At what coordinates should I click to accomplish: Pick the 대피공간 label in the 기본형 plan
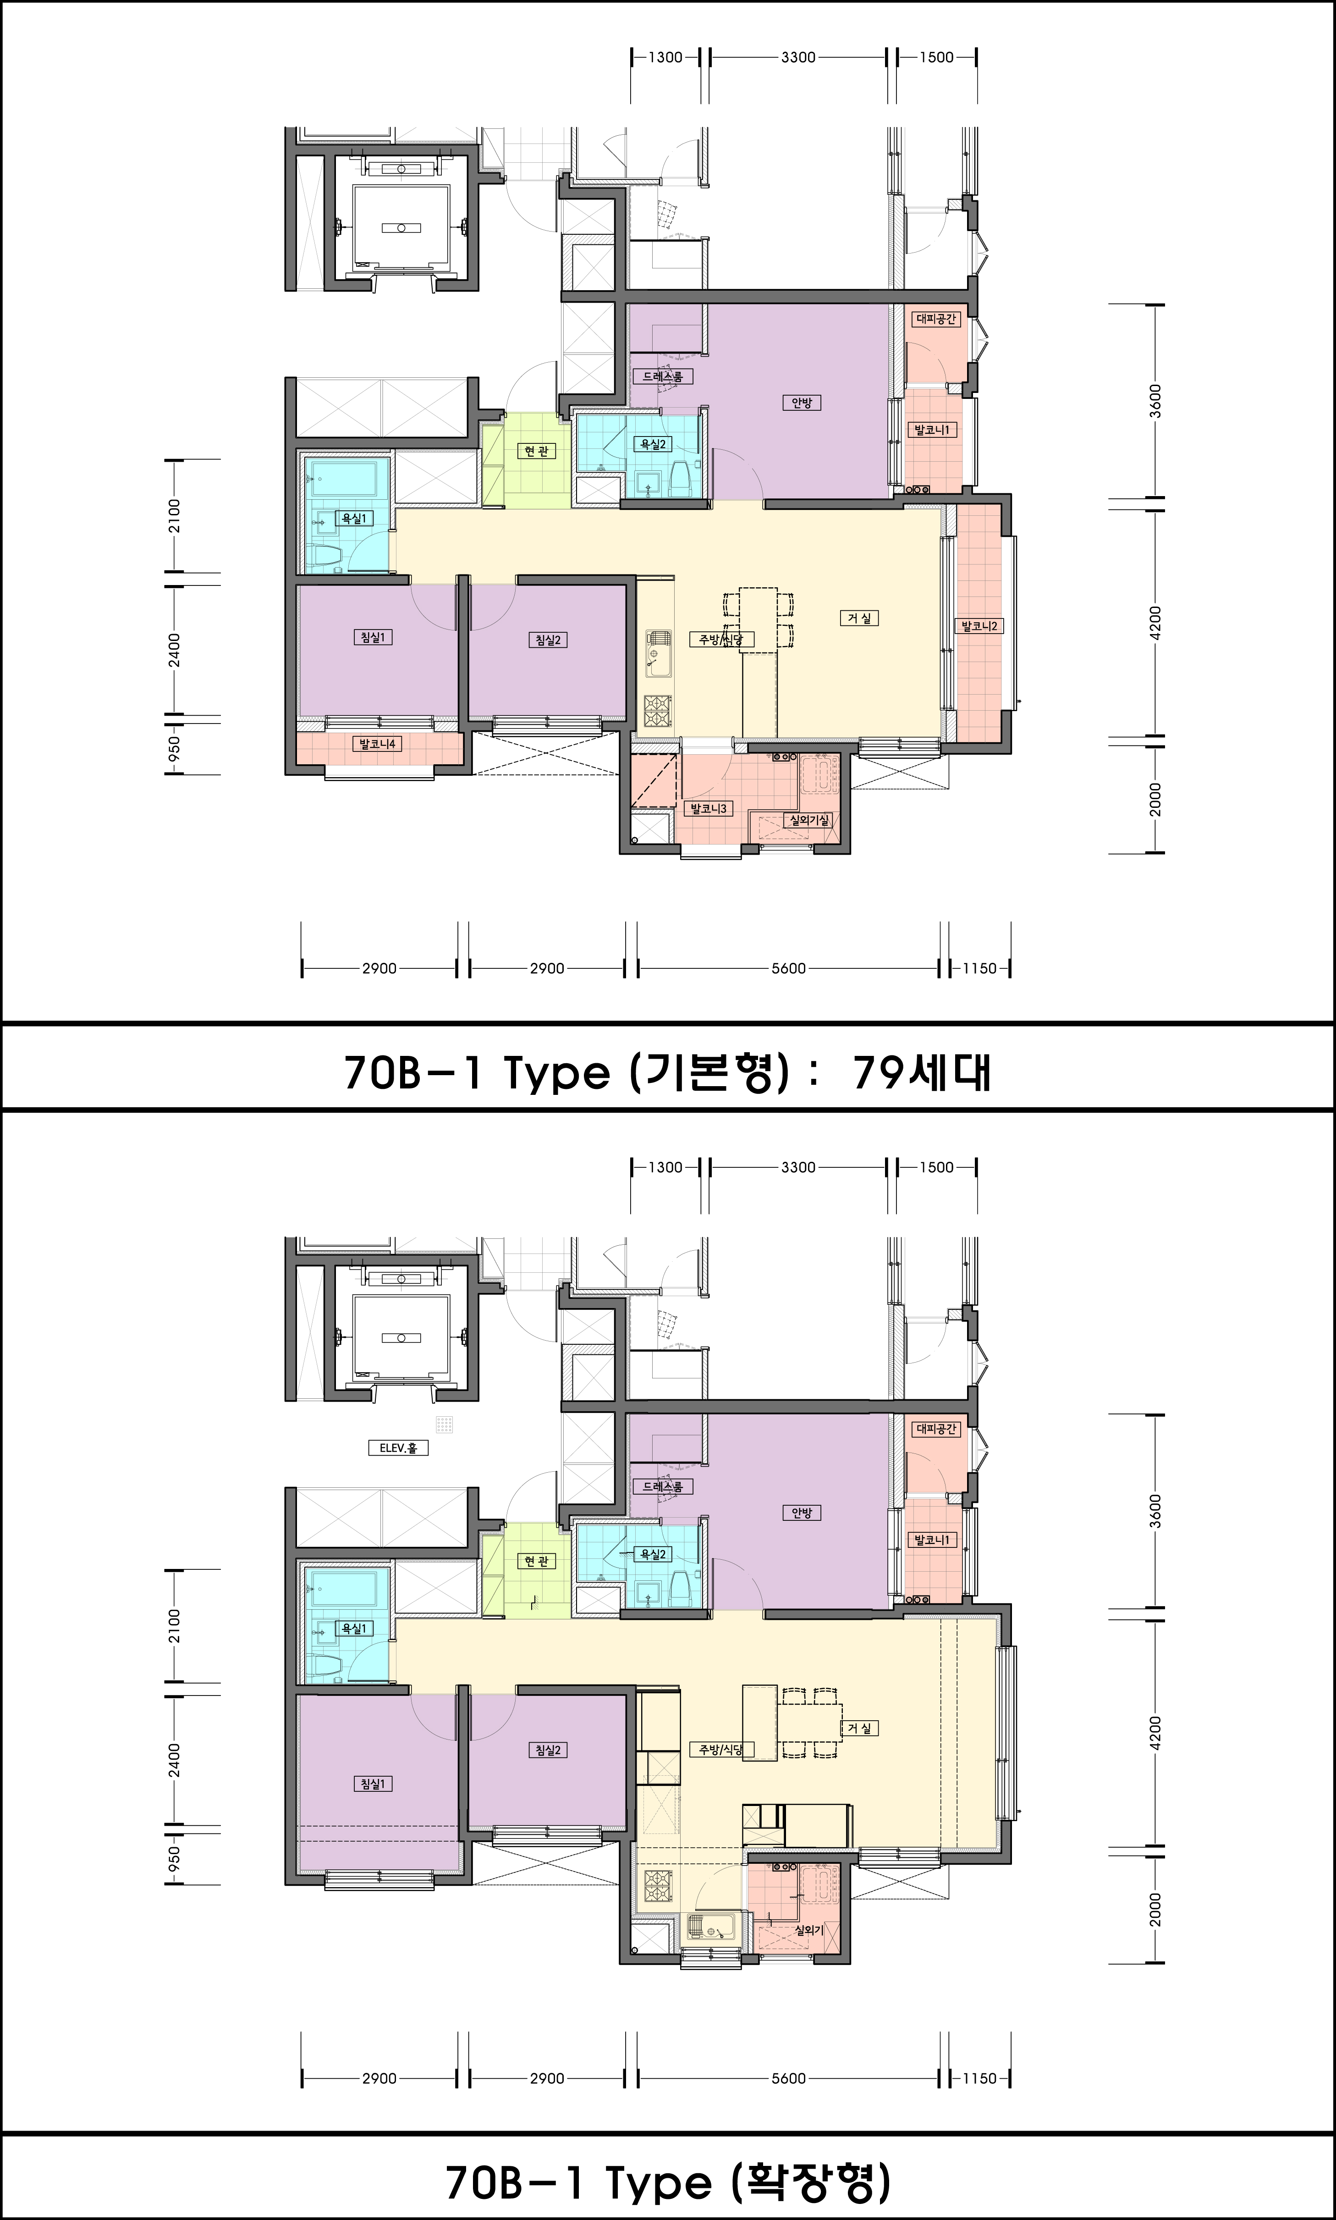click(936, 319)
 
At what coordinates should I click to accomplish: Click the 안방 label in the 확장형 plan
click(800, 1513)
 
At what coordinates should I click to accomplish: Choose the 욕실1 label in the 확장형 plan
click(354, 1628)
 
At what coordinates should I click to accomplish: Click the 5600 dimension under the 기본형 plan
click(788, 968)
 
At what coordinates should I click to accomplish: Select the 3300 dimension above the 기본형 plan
click(797, 57)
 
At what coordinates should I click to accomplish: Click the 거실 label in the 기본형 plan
click(859, 618)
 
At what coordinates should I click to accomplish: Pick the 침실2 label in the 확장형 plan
click(547, 1750)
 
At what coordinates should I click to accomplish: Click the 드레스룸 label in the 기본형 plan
click(663, 376)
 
